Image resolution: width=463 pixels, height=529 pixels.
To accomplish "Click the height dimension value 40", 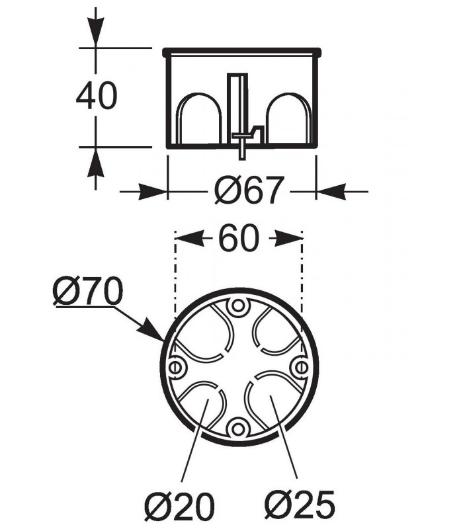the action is pos(97,95).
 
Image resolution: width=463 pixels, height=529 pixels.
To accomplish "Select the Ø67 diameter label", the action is pos(249,190).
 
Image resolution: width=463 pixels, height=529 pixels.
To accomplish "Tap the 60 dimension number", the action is pos(239,239).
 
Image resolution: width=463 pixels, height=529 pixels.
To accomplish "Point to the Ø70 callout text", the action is pos(88,290).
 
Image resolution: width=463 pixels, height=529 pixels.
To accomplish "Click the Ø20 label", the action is pos(179,505).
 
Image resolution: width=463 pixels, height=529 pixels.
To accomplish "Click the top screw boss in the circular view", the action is pos(238,306).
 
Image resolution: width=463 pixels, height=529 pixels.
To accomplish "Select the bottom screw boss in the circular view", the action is pos(238,429).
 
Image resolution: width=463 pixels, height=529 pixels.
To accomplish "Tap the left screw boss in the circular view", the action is pos(175,367).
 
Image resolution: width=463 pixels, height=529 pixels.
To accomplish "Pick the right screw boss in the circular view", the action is pos(300,368).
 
